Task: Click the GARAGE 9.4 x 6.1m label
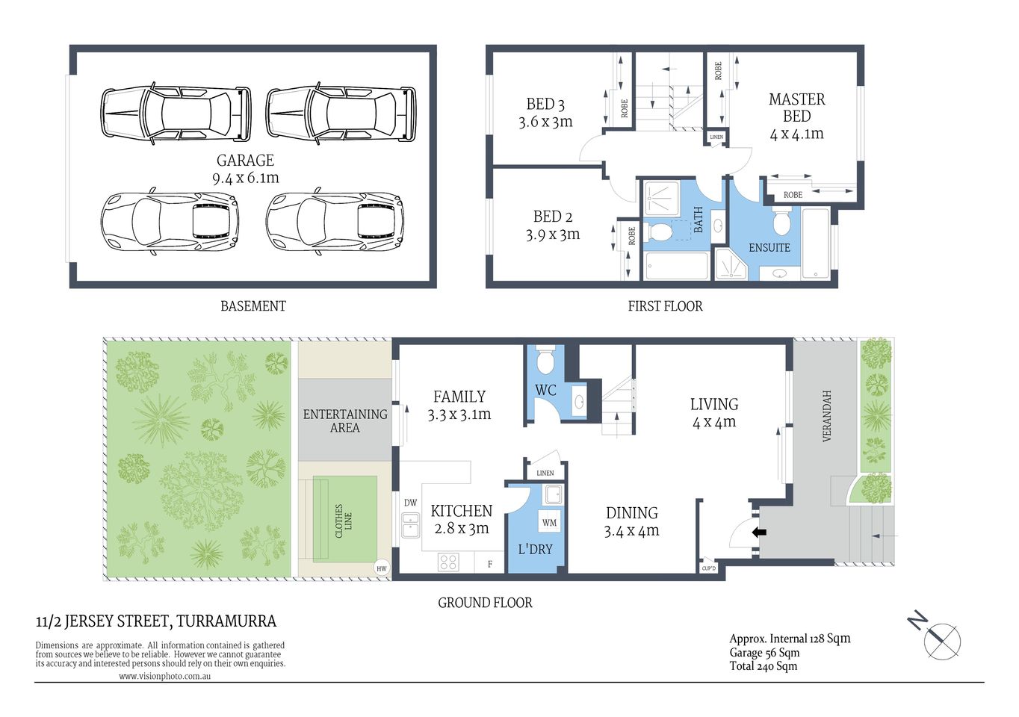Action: pyautogui.click(x=245, y=169)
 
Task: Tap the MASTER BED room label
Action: pyautogui.click(x=796, y=108)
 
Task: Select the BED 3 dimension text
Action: pyautogui.click(x=545, y=122)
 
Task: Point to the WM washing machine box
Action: pyautogui.click(x=549, y=523)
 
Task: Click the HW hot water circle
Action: pyautogui.click(x=382, y=568)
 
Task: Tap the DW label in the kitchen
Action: pyautogui.click(x=410, y=503)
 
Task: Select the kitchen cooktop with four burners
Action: pyautogui.click(x=448, y=562)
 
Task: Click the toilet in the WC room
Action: pyautogui.click(x=545, y=360)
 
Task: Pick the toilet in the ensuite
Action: pyautogui.click(x=781, y=222)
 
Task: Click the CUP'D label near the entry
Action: pyautogui.click(x=708, y=568)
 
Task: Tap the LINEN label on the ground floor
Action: pyautogui.click(x=545, y=473)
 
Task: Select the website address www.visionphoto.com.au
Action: pyautogui.click(x=164, y=676)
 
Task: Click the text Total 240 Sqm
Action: pyautogui.click(x=763, y=666)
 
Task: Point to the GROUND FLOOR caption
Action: pyautogui.click(x=485, y=603)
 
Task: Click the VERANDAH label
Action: pyautogui.click(x=826, y=416)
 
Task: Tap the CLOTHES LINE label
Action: pyautogui.click(x=344, y=521)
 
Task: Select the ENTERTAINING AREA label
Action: pyautogui.click(x=345, y=420)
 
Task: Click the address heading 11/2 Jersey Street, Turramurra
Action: pyautogui.click(x=156, y=621)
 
